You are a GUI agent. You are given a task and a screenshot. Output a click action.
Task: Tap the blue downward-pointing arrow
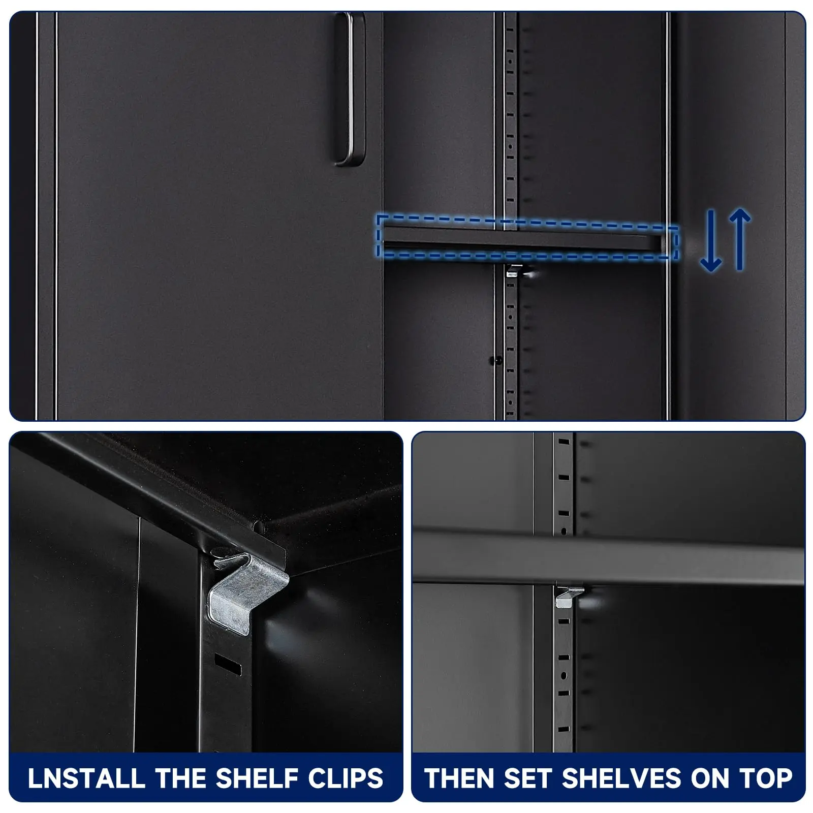[x=711, y=239]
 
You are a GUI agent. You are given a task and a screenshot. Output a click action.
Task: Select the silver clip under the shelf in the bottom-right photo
[x=569, y=597]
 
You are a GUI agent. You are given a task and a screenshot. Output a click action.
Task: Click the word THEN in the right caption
[x=460, y=778]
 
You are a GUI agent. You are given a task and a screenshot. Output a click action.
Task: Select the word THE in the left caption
[x=180, y=778]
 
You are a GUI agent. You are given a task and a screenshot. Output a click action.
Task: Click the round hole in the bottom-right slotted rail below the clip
[x=563, y=676]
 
